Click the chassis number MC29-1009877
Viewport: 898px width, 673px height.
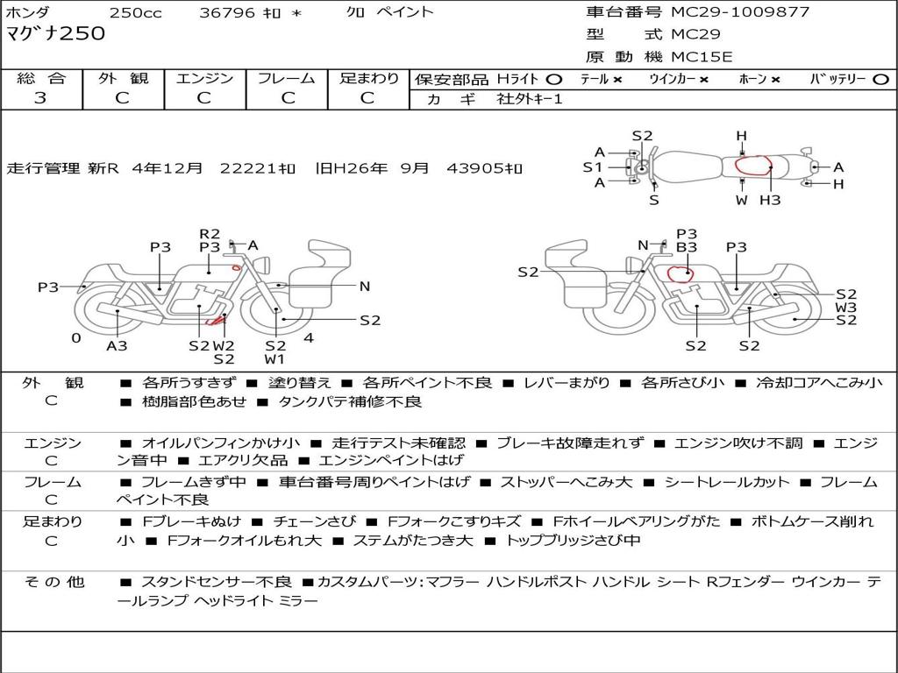pos(740,12)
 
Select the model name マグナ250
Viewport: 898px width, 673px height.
pos(55,34)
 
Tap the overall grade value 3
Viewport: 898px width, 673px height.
pos(40,98)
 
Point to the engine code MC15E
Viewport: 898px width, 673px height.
pos(702,57)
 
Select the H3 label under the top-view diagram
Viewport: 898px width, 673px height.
pos(770,201)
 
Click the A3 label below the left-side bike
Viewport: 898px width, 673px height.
pos(117,345)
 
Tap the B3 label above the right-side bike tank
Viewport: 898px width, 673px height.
pos(687,247)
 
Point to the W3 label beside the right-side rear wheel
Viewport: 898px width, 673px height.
pos(846,308)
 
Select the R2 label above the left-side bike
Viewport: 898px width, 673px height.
pos(210,233)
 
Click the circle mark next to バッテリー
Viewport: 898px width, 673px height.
pos(880,80)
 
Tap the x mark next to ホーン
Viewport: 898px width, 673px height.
pos(775,80)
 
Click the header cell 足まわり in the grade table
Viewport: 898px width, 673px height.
pos(368,79)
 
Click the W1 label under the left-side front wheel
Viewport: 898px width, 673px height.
pos(274,359)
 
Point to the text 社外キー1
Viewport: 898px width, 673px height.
pos(530,99)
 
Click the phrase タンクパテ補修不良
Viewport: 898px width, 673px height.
pos(349,401)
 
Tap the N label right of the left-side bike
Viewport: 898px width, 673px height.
pos(365,287)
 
